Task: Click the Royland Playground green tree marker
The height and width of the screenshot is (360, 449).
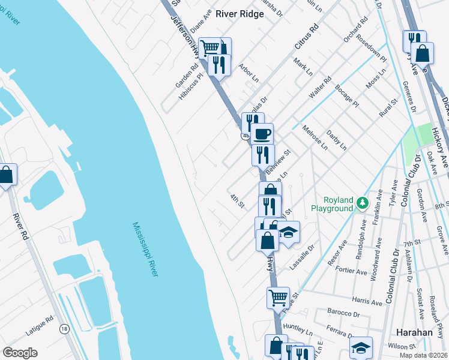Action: tap(361, 203)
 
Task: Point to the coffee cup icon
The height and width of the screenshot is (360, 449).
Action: tap(262, 133)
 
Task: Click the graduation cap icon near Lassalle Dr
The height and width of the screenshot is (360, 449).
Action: tap(289, 231)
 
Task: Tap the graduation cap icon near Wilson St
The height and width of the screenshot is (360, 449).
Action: tap(361, 347)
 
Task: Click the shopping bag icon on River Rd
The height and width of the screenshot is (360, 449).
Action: tap(7, 175)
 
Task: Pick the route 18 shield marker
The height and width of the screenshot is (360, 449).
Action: tap(64, 328)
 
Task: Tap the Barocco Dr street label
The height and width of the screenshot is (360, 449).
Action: tap(344, 313)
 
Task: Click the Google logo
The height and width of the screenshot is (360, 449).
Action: tap(20, 353)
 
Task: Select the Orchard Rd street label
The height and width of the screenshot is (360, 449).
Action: tap(355, 37)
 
